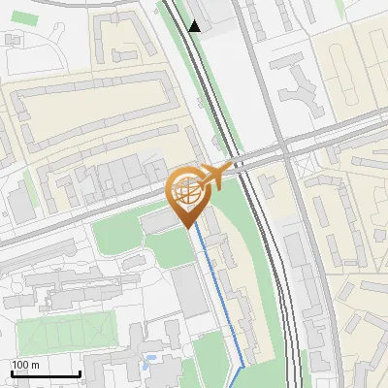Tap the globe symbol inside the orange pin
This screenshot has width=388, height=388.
click(186, 192)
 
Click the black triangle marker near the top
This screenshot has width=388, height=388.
click(195, 26)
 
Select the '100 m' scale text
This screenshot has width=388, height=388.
click(25, 365)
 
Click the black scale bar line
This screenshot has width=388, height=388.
click(45, 373)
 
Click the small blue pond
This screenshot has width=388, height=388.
click(147, 366)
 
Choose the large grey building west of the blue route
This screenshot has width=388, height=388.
click(190, 292)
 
